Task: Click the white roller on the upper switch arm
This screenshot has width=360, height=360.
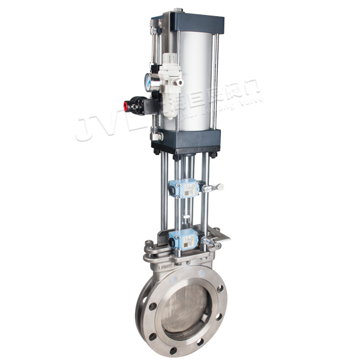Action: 220,188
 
